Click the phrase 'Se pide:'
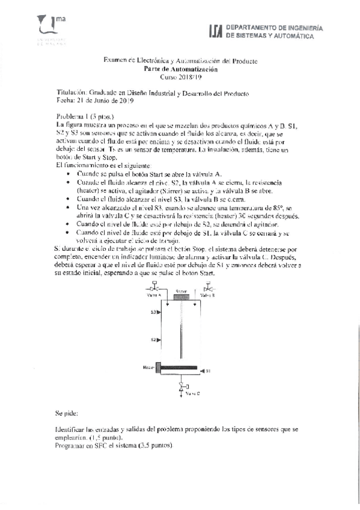point(66,414)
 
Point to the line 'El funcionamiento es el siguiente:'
point(104,164)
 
